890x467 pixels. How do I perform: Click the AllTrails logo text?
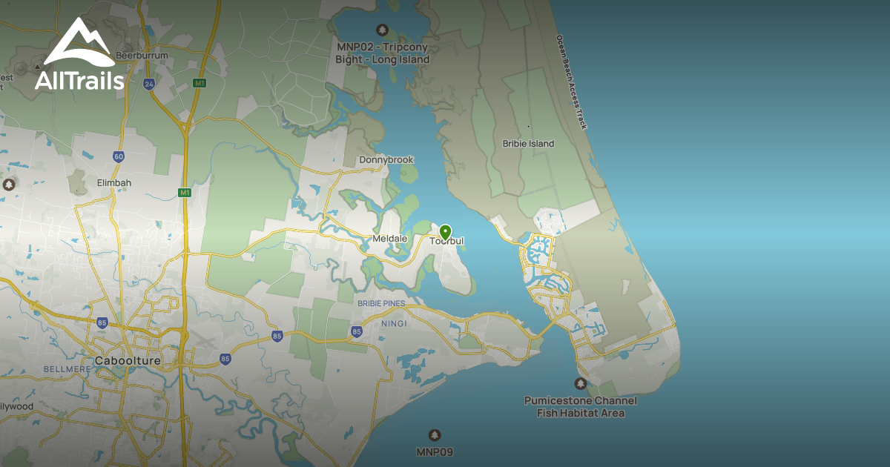pyautogui.click(x=79, y=80)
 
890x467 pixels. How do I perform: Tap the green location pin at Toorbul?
pyautogui.click(x=445, y=232)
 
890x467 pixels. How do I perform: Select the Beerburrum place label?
pyautogui.click(x=142, y=55)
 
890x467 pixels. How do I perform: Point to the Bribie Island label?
pyautogui.click(x=528, y=144)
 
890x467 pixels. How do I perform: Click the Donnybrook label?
pyautogui.click(x=386, y=160)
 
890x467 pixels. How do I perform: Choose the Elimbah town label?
pyautogui.click(x=113, y=182)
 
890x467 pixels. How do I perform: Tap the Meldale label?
pyautogui.click(x=389, y=239)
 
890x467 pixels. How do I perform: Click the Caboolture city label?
pyautogui.click(x=128, y=361)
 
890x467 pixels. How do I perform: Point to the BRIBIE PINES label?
pyautogui.click(x=382, y=303)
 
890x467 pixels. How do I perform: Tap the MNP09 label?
pyautogui.click(x=435, y=451)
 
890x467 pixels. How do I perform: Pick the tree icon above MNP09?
pyautogui.click(x=435, y=435)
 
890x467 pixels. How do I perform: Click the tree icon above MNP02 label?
pyautogui.click(x=382, y=30)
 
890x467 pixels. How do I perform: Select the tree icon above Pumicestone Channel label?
pyautogui.click(x=580, y=384)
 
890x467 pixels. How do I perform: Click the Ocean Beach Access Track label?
pyautogui.click(x=571, y=82)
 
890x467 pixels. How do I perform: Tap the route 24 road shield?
pyautogui.click(x=149, y=84)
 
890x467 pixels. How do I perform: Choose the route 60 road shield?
pyautogui.click(x=119, y=156)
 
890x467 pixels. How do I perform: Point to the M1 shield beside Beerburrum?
pyautogui.click(x=199, y=83)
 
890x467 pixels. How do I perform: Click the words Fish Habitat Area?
pyautogui.click(x=581, y=413)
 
